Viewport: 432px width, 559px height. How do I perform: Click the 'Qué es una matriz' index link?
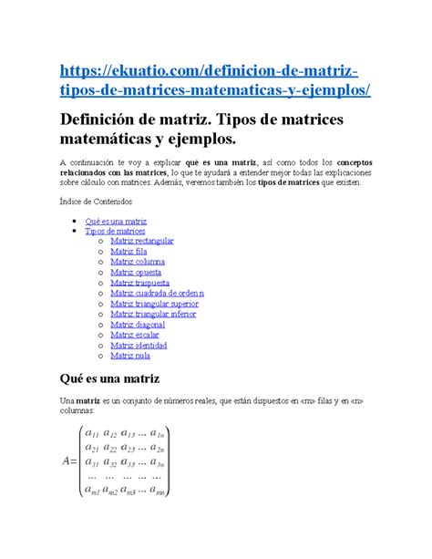pyautogui.click(x=116, y=222)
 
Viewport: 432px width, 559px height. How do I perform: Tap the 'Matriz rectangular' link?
pyautogui.click(x=141, y=242)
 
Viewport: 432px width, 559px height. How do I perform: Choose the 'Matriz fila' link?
pyautogui.click(x=129, y=252)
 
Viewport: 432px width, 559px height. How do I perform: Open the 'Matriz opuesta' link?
pyautogui.click(x=136, y=272)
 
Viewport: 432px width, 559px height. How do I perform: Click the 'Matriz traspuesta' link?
pyautogui.click(x=139, y=283)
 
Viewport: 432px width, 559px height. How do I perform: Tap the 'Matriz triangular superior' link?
pyautogui.click(x=154, y=304)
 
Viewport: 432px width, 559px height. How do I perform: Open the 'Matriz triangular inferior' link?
pyautogui.click(x=153, y=314)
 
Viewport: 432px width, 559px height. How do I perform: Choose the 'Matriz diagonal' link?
pyautogui.click(x=138, y=324)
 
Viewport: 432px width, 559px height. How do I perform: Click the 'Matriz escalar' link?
pyautogui.click(x=135, y=335)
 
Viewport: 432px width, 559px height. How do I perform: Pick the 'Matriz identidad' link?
pyautogui.click(x=139, y=345)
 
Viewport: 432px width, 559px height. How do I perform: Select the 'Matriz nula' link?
pyautogui.click(x=129, y=355)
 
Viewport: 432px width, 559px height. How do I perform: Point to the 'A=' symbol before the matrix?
pyautogui.click(x=69, y=461)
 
